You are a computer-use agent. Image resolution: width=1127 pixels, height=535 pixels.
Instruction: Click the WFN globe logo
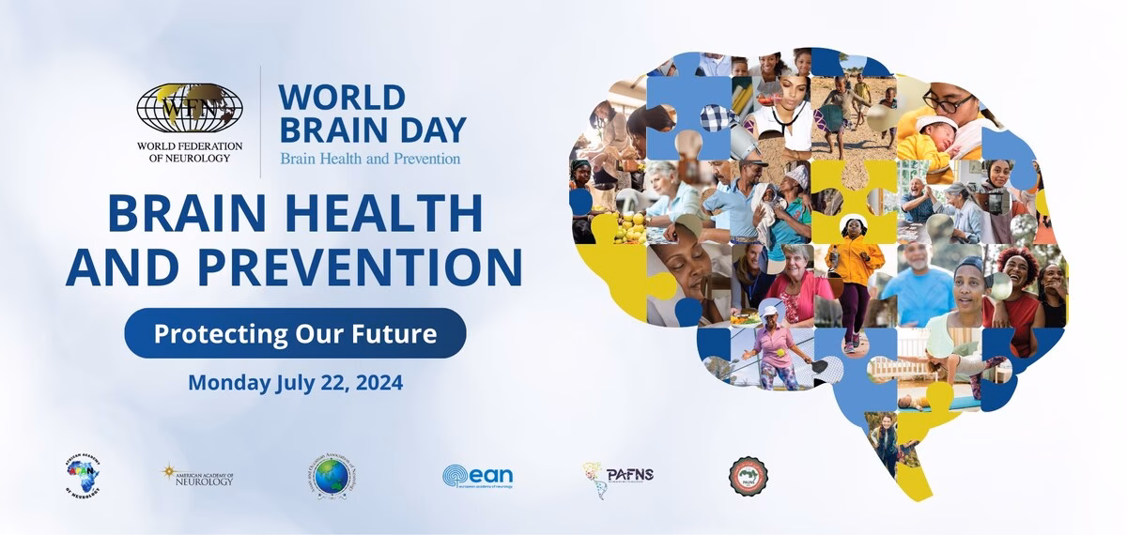tap(189, 108)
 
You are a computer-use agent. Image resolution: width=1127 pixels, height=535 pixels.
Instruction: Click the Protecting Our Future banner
tap(295, 333)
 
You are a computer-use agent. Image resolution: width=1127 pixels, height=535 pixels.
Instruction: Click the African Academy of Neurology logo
tap(84, 475)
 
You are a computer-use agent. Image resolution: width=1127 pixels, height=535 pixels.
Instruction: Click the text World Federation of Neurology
tap(190, 152)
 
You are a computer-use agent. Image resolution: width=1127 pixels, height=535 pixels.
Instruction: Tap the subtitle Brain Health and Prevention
tap(370, 159)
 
